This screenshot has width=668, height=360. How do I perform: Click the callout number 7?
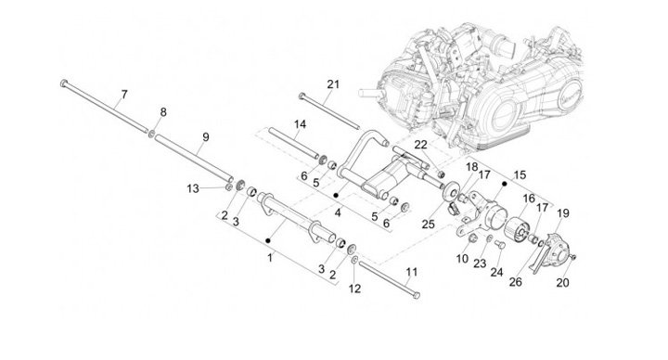(x=124, y=94)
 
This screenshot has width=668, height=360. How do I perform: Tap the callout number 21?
(x=333, y=84)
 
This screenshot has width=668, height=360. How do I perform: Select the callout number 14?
(x=300, y=124)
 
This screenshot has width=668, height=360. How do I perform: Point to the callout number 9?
(x=206, y=137)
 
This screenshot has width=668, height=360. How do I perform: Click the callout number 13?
(x=193, y=188)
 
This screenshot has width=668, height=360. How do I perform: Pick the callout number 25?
(x=428, y=224)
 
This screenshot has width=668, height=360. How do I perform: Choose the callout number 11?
(x=412, y=272)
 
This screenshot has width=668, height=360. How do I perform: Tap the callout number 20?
(x=562, y=282)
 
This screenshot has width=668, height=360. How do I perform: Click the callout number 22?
(x=421, y=145)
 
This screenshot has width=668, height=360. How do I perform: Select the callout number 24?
(x=496, y=272)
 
